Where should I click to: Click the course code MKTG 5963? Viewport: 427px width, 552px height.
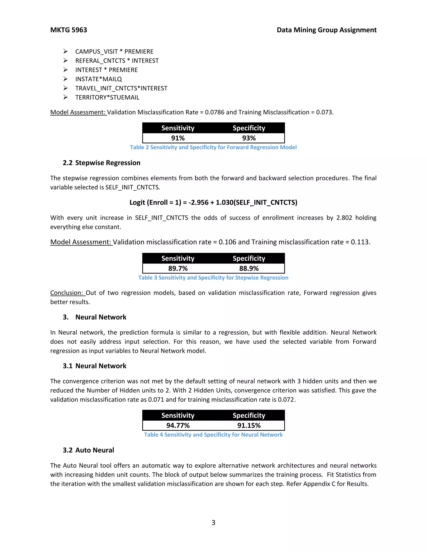pos(69,30)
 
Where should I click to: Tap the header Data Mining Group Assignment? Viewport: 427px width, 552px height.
pos(326,30)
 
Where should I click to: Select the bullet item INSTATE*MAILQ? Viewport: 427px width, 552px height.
pos(98,79)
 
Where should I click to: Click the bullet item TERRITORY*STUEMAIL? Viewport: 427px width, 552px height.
pos(107,97)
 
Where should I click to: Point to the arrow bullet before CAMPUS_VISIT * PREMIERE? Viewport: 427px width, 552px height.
pos(65,52)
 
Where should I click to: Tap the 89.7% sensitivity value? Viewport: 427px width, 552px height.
pos(178,269)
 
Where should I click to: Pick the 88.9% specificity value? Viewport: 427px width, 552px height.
pos(249,269)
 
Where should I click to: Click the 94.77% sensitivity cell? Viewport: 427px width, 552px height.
pos(178,425)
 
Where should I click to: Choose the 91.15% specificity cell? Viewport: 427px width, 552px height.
pos(249,425)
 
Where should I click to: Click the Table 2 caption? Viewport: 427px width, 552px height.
pos(213,147)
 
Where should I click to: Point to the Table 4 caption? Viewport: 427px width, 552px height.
pos(213,435)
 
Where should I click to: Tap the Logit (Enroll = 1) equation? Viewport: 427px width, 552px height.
pos(213,202)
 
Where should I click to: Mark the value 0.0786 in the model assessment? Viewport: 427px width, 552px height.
pos(215,112)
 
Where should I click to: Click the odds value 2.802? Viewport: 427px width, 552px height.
pos(344,218)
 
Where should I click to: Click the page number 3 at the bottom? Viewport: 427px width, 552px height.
pos(213,522)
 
